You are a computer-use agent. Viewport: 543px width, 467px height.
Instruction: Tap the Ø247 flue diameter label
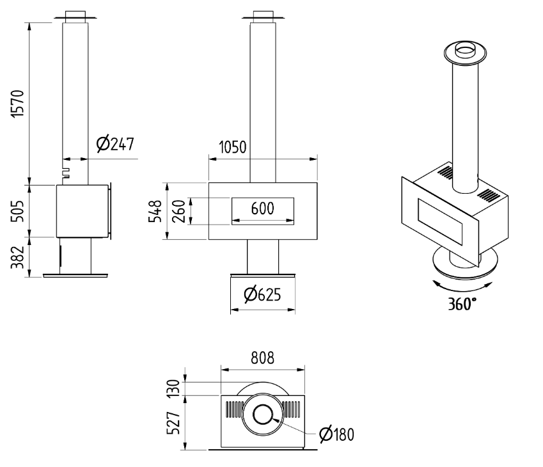(x=115, y=145)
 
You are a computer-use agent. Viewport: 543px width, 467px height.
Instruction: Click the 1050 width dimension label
(x=232, y=148)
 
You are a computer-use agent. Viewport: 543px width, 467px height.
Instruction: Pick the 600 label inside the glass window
(x=262, y=209)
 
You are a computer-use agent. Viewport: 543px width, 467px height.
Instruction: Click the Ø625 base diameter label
(x=262, y=295)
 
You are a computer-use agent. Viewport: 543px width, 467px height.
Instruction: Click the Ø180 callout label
(x=336, y=435)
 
